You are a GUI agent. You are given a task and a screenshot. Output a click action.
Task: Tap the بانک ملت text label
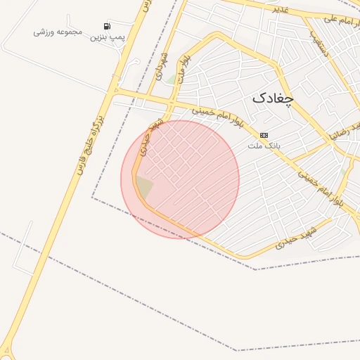coord(264,146)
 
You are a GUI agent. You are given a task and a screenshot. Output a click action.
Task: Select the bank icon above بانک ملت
coord(264,134)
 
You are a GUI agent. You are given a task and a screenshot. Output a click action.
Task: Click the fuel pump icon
coord(107,26)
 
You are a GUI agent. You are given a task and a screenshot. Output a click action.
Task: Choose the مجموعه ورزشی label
coord(58,32)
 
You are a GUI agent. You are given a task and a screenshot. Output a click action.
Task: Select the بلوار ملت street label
coord(185,69)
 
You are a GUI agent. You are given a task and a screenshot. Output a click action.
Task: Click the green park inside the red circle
coord(143,187)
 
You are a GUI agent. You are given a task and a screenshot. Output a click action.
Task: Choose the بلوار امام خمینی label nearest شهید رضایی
coord(321,186)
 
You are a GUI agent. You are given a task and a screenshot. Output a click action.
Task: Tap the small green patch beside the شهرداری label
coord(171,79)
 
